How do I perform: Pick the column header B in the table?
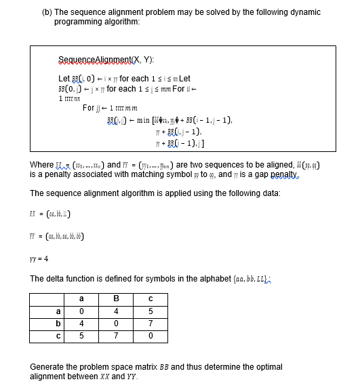tap(116, 298)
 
